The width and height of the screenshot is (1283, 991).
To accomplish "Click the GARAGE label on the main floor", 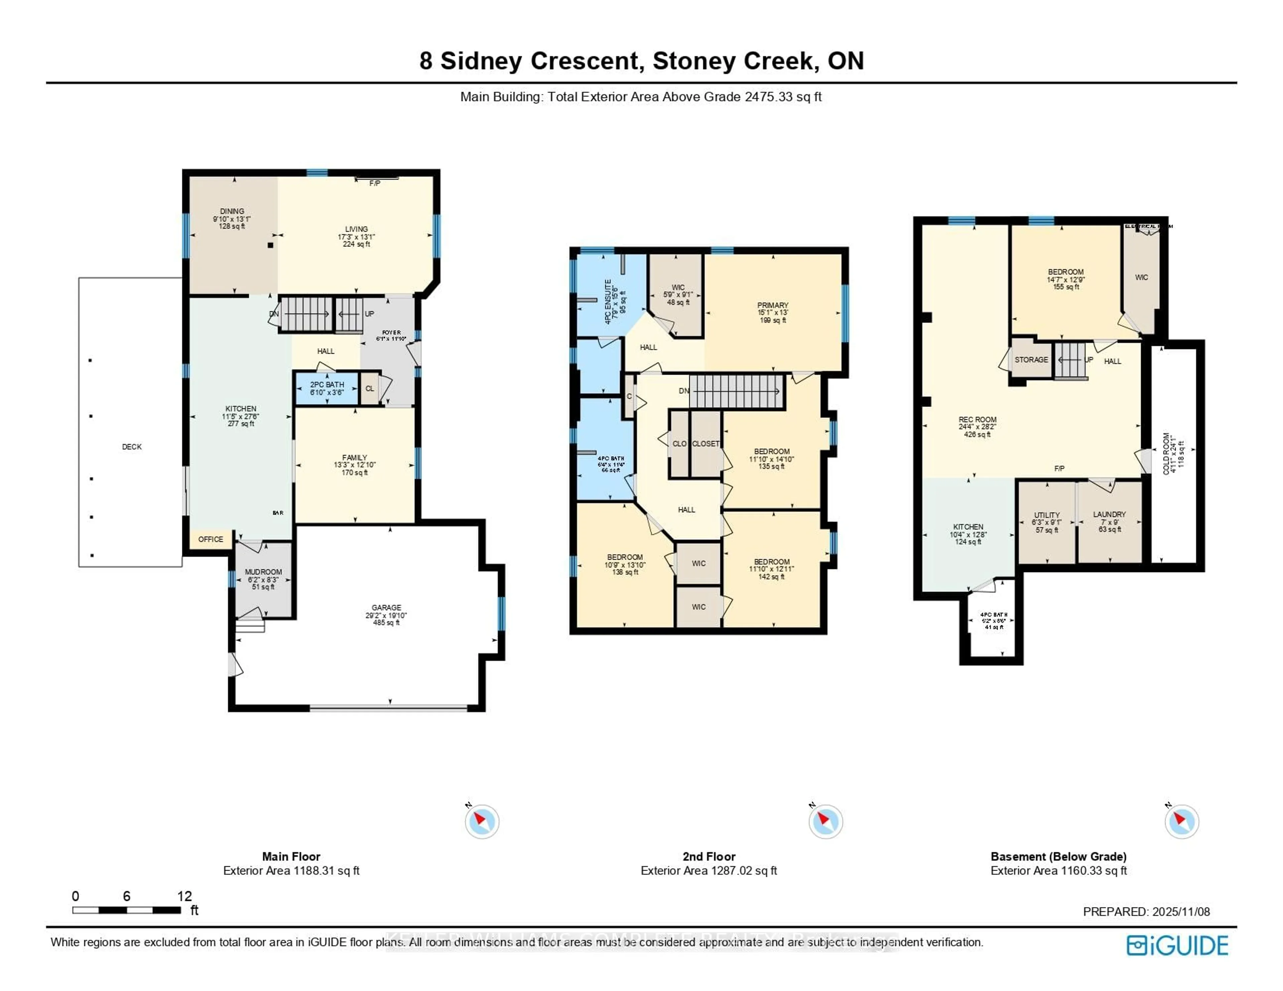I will pos(386,608).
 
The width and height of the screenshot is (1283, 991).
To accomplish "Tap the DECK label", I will pos(132,447).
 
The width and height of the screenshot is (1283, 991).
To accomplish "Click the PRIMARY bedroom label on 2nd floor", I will pos(772,306).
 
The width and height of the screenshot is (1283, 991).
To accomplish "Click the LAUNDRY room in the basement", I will pos(1109,515).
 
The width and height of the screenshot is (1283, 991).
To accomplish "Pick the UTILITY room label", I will pos(1047,515).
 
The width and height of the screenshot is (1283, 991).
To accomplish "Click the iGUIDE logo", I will pos(1177,945).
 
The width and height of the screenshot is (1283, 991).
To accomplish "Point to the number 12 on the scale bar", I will pos(184,896).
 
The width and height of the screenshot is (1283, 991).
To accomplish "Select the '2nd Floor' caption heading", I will pos(708,856).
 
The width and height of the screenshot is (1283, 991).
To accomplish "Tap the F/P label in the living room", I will pos(374,183).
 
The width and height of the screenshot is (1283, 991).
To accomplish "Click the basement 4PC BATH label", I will pos(993,615).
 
